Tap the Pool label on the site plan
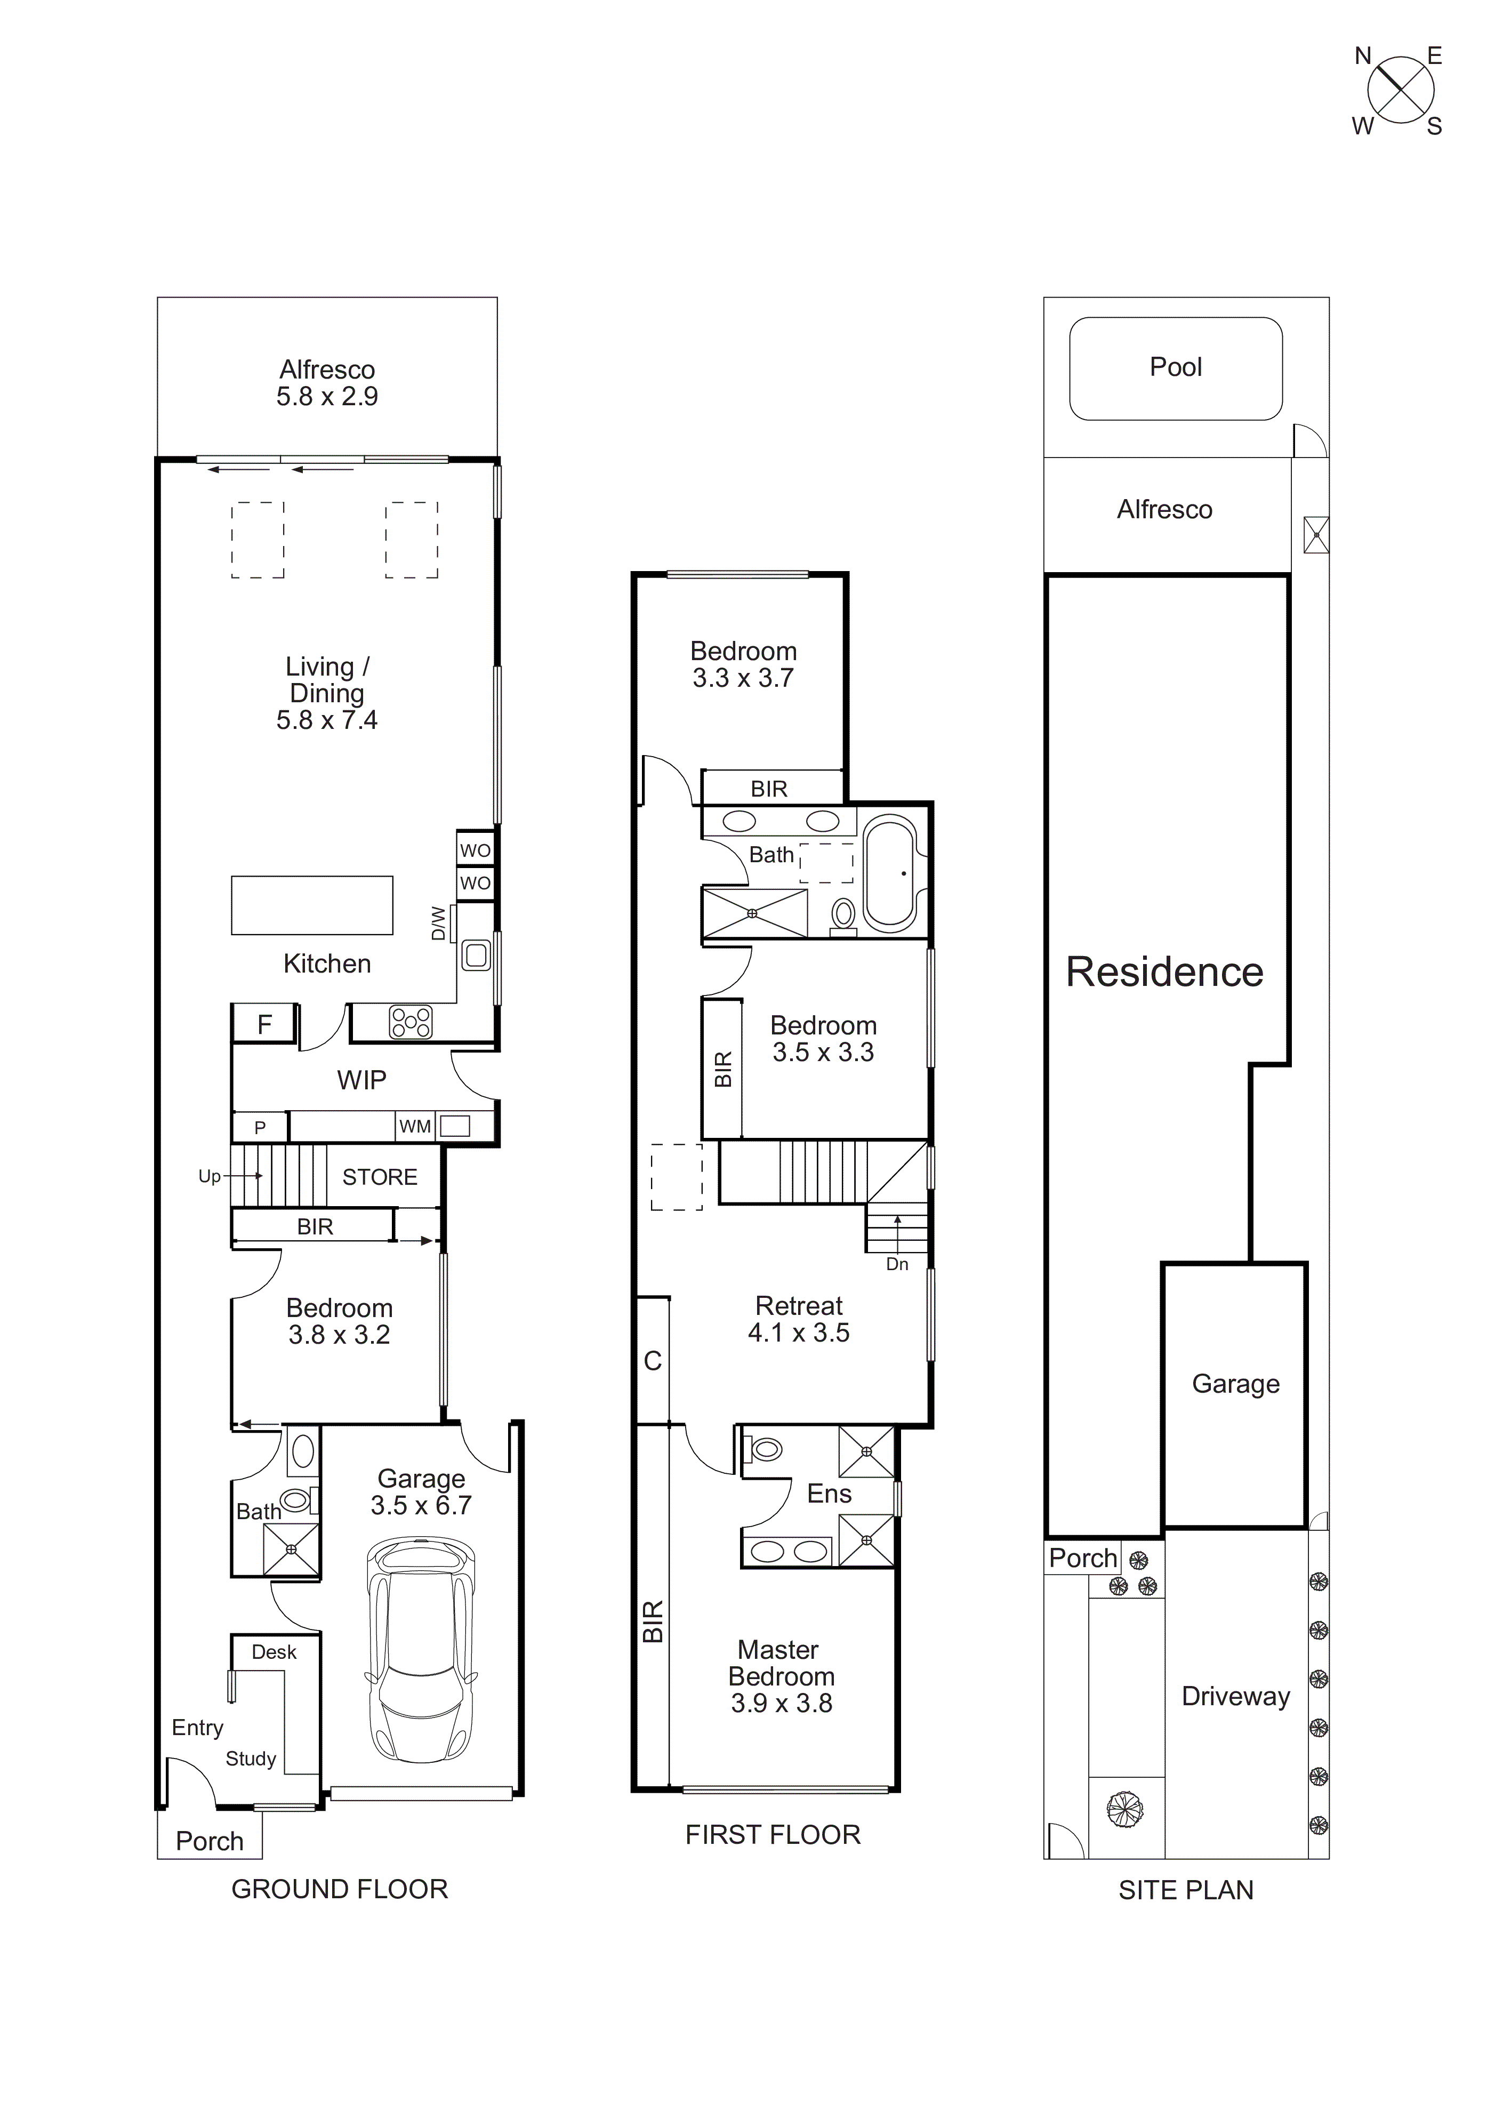pyautogui.click(x=1176, y=367)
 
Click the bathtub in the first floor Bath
pyautogui.click(x=889, y=874)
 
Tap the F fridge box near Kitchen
pyautogui.click(x=264, y=1024)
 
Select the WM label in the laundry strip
pyautogui.click(x=415, y=1127)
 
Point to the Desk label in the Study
pyautogui.click(x=274, y=1651)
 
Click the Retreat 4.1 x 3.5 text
pyautogui.click(x=799, y=1319)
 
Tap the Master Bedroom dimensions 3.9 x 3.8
pyautogui.click(x=781, y=1703)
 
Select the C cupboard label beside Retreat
pyautogui.click(x=652, y=1361)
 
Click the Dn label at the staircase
pyautogui.click(x=896, y=1264)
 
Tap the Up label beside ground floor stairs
pyautogui.click(x=210, y=1176)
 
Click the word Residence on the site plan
pyautogui.click(x=1164, y=972)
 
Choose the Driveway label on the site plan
pyautogui.click(x=1235, y=1696)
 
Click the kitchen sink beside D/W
pyautogui.click(x=476, y=956)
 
